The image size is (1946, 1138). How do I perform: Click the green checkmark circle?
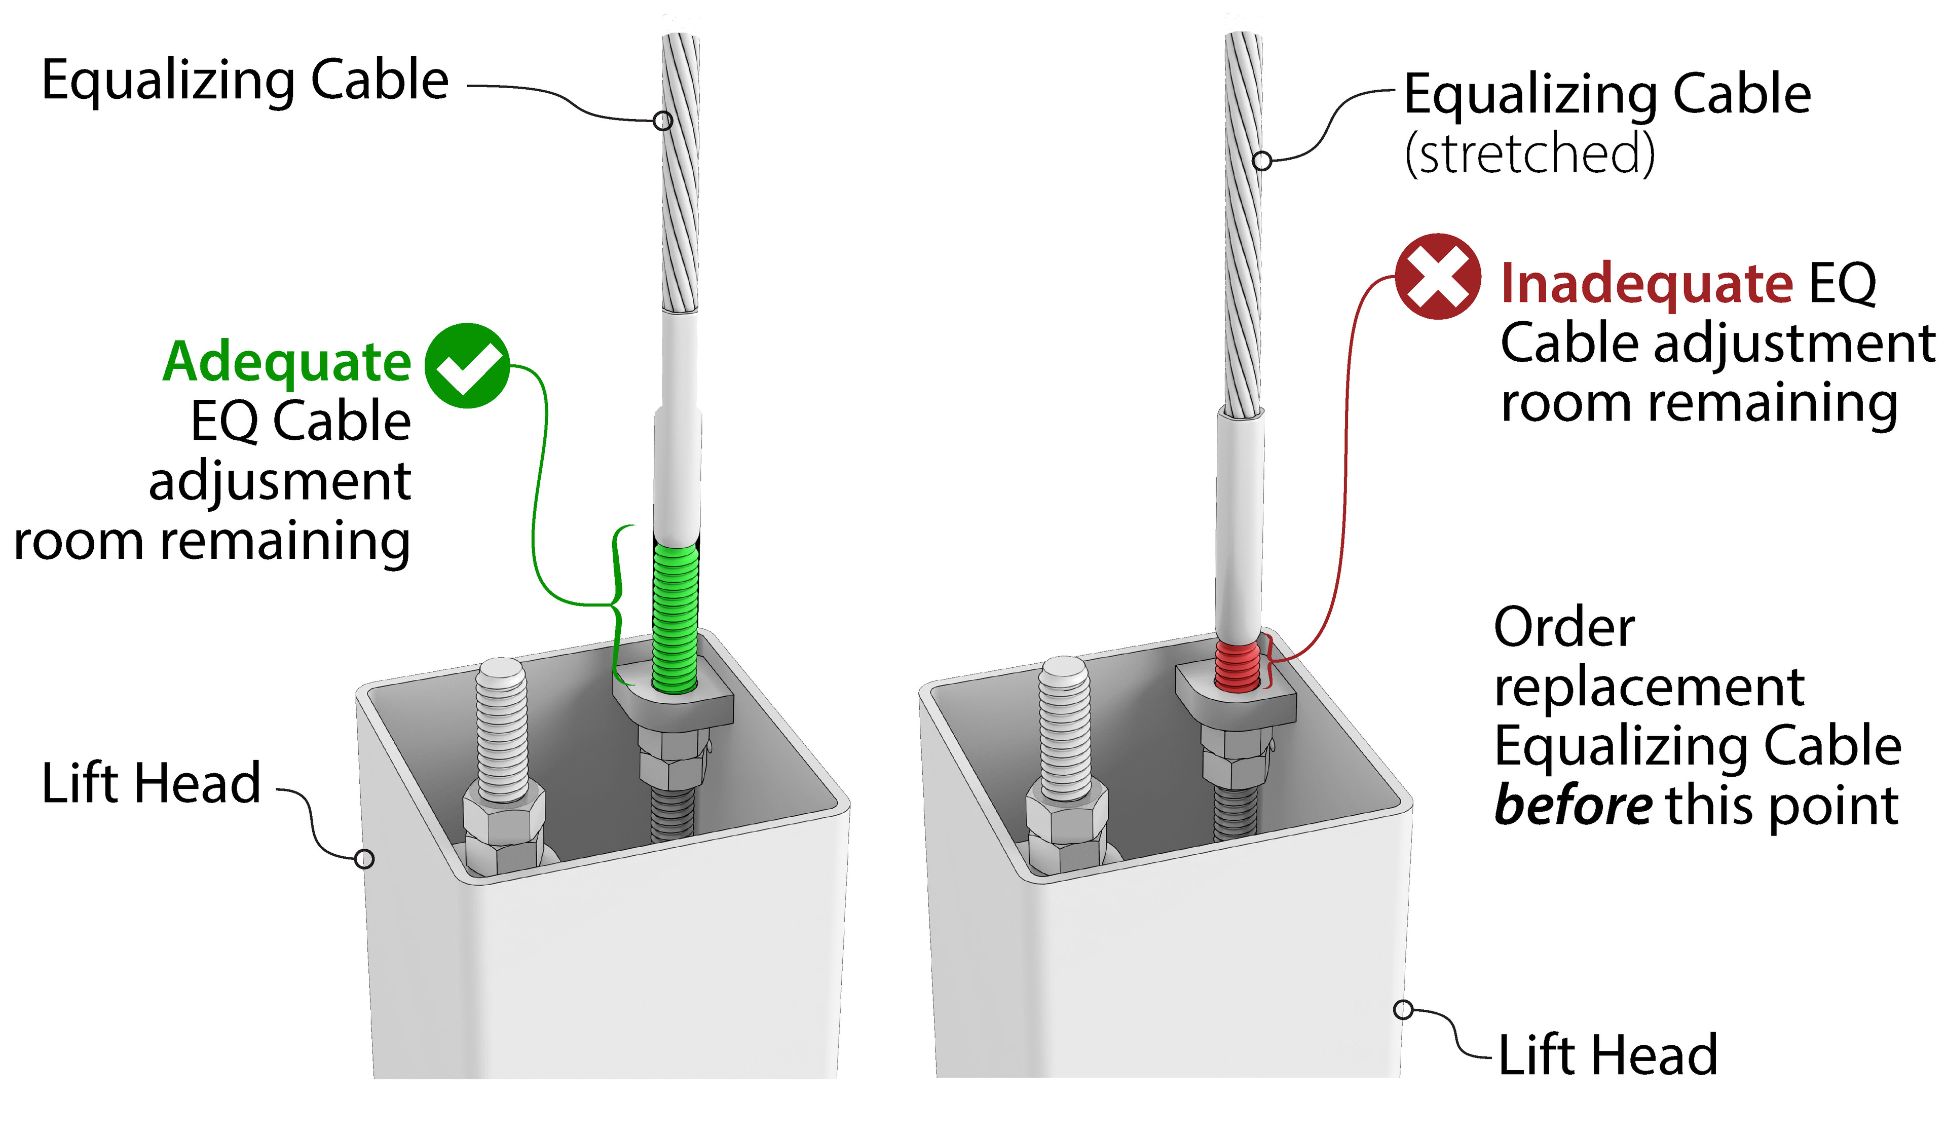click(467, 365)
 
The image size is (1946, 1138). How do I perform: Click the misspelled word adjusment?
click(280, 481)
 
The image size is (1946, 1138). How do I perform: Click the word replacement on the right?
click(1649, 687)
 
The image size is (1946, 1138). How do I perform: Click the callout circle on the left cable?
click(662, 121)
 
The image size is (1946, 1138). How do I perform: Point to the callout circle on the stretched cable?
click(1262, 161)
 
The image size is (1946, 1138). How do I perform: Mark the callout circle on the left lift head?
click(364, 858)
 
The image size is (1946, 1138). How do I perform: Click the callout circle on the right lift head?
click(1404, 1009)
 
